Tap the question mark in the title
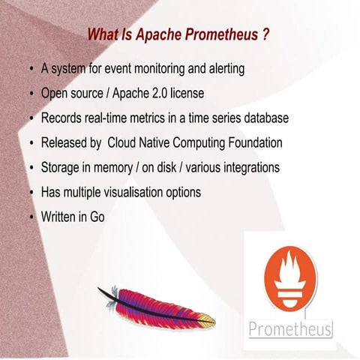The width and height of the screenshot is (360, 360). click(x=265, y=34)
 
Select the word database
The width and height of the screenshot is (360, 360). click(x=265, y=119)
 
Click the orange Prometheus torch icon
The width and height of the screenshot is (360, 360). click(x=289, y=277)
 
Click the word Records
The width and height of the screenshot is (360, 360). click(x=63, y=119)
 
